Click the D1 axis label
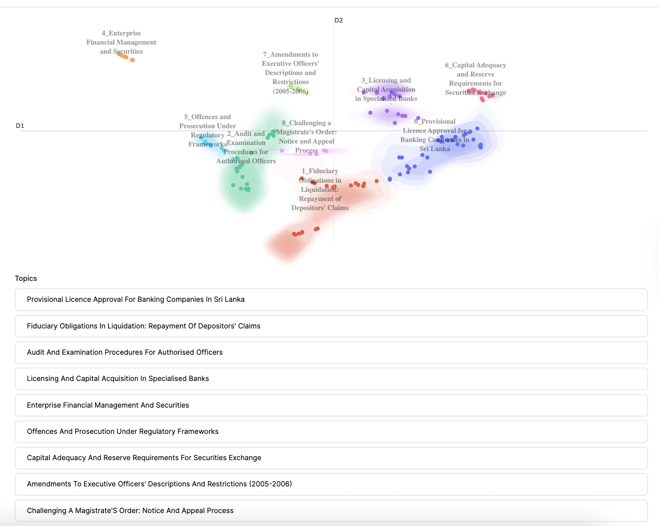[20, 126]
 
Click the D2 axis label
[338, 20]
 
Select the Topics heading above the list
[26, 278]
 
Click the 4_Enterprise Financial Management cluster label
[121, 42]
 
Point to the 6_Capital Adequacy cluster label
[475, 78]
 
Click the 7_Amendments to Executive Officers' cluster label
[290, 72]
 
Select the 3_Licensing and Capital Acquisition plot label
[386, 89]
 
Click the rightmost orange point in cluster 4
[132, 60]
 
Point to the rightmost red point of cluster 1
[376, 181]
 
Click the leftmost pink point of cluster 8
[282, 151]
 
